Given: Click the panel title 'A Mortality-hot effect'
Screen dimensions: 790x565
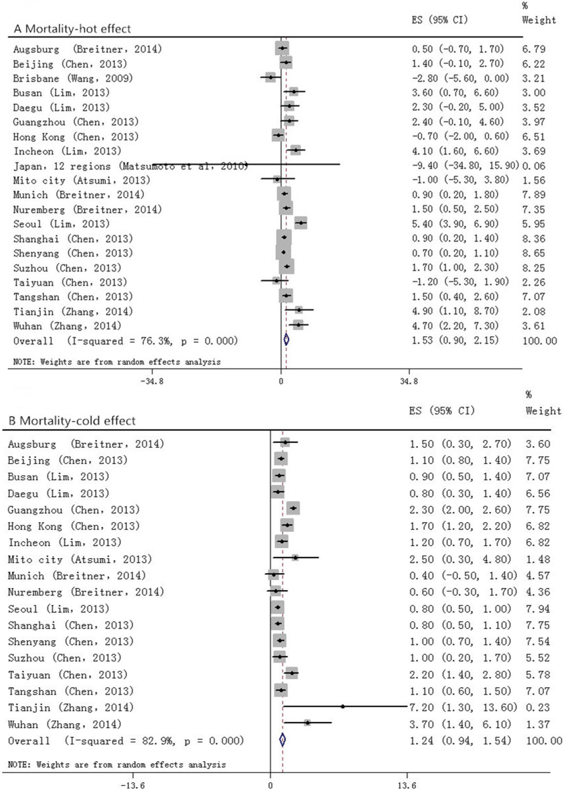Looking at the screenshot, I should [72, 29].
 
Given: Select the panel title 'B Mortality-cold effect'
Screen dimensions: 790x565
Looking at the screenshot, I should [72, 421].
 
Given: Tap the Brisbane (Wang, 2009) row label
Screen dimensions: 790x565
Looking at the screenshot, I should [73, 78].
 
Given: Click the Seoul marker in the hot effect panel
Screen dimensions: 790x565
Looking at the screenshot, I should [301, 223].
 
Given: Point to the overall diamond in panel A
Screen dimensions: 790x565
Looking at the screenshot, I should [286, 340].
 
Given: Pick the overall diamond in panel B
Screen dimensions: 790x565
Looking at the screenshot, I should [282, 740].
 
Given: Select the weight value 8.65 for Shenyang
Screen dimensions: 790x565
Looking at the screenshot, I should [534, 253].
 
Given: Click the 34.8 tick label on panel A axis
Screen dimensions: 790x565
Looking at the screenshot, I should [408, 381].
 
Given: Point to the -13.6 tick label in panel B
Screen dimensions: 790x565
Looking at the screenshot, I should [132, 785].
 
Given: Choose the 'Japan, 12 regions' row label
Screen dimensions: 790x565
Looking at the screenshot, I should [62, 166].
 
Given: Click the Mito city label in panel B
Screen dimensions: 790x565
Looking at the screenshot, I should [79, 559].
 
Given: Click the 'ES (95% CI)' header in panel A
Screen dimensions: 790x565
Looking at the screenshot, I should [439, 20].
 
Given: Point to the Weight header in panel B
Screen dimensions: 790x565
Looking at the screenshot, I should [543, 411].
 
